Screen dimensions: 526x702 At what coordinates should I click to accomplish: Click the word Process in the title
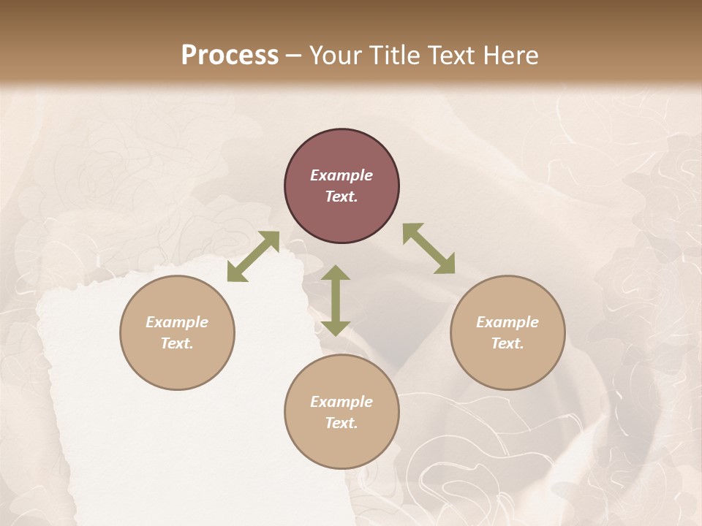point(230,56)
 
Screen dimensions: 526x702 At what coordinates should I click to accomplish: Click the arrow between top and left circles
point(253,256)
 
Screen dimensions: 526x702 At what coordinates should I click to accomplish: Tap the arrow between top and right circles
point(429,248)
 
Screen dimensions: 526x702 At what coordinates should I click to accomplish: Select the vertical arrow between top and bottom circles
point(336,300)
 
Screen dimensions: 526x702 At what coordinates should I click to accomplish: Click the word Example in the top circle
point(341,175)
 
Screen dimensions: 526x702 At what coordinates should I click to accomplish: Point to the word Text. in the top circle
point(341,197)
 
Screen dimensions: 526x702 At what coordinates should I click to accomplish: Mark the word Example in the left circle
point(177,322)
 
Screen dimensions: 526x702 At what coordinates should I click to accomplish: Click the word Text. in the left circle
point(177,343)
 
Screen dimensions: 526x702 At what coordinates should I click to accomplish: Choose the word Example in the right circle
point(507,322)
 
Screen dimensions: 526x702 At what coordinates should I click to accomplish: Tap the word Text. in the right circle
point(507,343)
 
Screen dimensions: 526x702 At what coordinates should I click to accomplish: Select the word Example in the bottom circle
point(341,402)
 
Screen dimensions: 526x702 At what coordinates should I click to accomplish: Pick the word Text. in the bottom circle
point(341,423)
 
